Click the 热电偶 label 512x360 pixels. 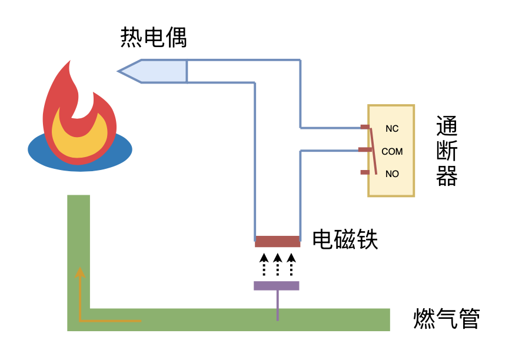[x=154, y=38]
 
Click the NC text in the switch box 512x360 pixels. [x=392, y=129]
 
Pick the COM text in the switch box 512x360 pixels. [x=392, y=151]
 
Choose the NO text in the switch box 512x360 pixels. [x=392, y=174]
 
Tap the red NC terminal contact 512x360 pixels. [x=365, y=126]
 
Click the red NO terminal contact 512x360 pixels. [x=365, y=172]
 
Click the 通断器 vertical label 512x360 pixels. [x=447, y=151]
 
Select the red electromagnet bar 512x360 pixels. [x=277, y=241]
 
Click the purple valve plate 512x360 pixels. [x=276, y=286]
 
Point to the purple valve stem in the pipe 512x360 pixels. [x=277, y=306]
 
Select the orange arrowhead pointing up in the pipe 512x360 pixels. [x=79, y=271]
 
